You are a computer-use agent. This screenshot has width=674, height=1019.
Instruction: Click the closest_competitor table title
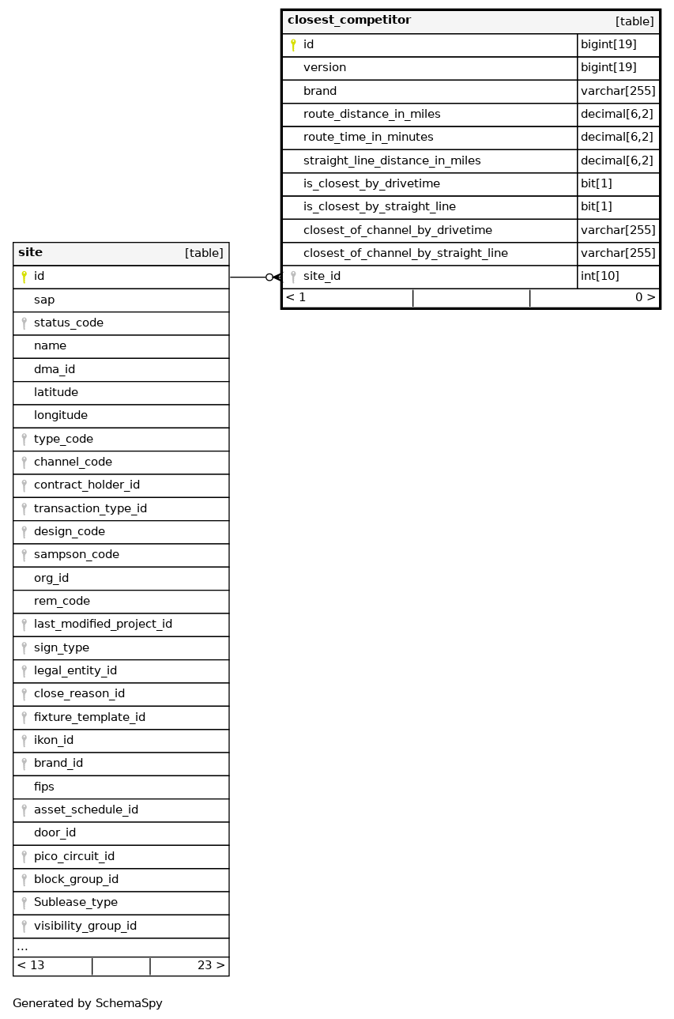349,21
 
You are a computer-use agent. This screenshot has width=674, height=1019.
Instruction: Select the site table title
31,253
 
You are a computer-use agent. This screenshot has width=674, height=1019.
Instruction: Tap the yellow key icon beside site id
24,277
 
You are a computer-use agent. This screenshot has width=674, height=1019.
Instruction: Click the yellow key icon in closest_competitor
293,45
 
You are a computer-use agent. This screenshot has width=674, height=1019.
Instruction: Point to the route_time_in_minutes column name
368,138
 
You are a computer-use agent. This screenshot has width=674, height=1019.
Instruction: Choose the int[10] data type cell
600,277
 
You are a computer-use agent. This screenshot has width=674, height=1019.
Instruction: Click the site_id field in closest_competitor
322,277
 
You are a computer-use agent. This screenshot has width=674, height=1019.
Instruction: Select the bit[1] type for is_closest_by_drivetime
597,184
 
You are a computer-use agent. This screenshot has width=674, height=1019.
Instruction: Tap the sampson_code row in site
77,555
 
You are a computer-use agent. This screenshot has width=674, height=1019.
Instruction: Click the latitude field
56,393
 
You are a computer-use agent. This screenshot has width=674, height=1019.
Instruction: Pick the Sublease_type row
76,903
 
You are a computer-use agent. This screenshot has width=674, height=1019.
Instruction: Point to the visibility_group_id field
85,926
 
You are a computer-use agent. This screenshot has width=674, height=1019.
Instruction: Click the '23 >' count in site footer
211,965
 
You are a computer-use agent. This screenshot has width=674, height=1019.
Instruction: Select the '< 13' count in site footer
31,965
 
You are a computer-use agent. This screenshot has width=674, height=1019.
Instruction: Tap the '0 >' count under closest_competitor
645,298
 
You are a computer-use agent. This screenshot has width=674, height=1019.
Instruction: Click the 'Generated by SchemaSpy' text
88,1003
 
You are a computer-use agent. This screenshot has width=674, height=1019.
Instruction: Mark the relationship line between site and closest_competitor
251,277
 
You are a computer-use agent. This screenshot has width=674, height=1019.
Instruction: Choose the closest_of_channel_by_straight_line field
405,254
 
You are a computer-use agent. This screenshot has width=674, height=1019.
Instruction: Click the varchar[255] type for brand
618,92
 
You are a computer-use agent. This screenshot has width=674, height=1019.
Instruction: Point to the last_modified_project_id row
103,625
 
